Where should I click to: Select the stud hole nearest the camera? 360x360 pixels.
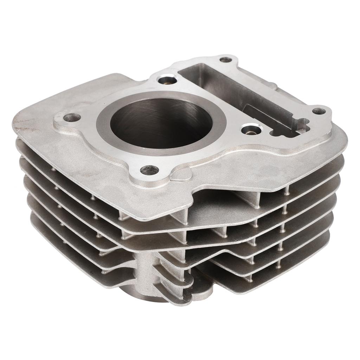(x=149, y=170)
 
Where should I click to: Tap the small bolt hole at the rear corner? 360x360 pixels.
(x=225, y=60)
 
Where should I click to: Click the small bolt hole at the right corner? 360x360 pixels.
(x=319, y=111)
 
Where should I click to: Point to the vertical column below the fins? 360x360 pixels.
(x=148, y=274)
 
